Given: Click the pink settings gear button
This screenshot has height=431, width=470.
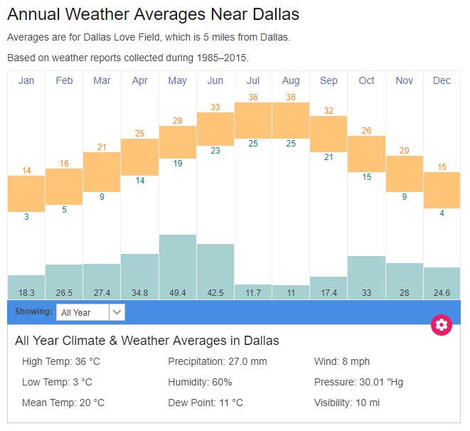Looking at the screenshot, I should click(x=442, y=325).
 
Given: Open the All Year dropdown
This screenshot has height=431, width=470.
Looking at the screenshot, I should click(x=91, y=312).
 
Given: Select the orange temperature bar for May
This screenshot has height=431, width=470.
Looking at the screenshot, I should click(x=178, y=142).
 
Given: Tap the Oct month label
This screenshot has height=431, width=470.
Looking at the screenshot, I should click(x=366, y=80).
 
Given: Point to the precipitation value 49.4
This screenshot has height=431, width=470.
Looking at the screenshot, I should click(x=178, y=292).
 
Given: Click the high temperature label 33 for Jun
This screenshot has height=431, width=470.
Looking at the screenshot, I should click(x=215, y=107).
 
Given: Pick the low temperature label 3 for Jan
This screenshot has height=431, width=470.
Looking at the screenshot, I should click(x=26, y=217).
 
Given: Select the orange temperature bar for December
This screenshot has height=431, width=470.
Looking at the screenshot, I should click(x=442, y=190).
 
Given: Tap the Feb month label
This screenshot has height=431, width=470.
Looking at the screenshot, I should click(x=64, y=80).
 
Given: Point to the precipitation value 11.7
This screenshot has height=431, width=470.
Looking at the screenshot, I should click(x=253, y=292).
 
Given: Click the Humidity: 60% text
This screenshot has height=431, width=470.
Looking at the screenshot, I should click(x=200, y=382).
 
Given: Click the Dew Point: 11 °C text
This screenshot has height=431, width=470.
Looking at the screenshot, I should click(x=205, y=403).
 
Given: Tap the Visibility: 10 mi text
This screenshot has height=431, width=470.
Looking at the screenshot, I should click(x=347, y=403).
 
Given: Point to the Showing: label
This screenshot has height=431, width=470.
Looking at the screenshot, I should click(x=33, y=312).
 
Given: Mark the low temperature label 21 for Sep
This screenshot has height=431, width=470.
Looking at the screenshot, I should click(x=329, y=157).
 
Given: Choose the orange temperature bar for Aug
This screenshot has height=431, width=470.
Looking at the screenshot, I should click(x=291, y=120).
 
